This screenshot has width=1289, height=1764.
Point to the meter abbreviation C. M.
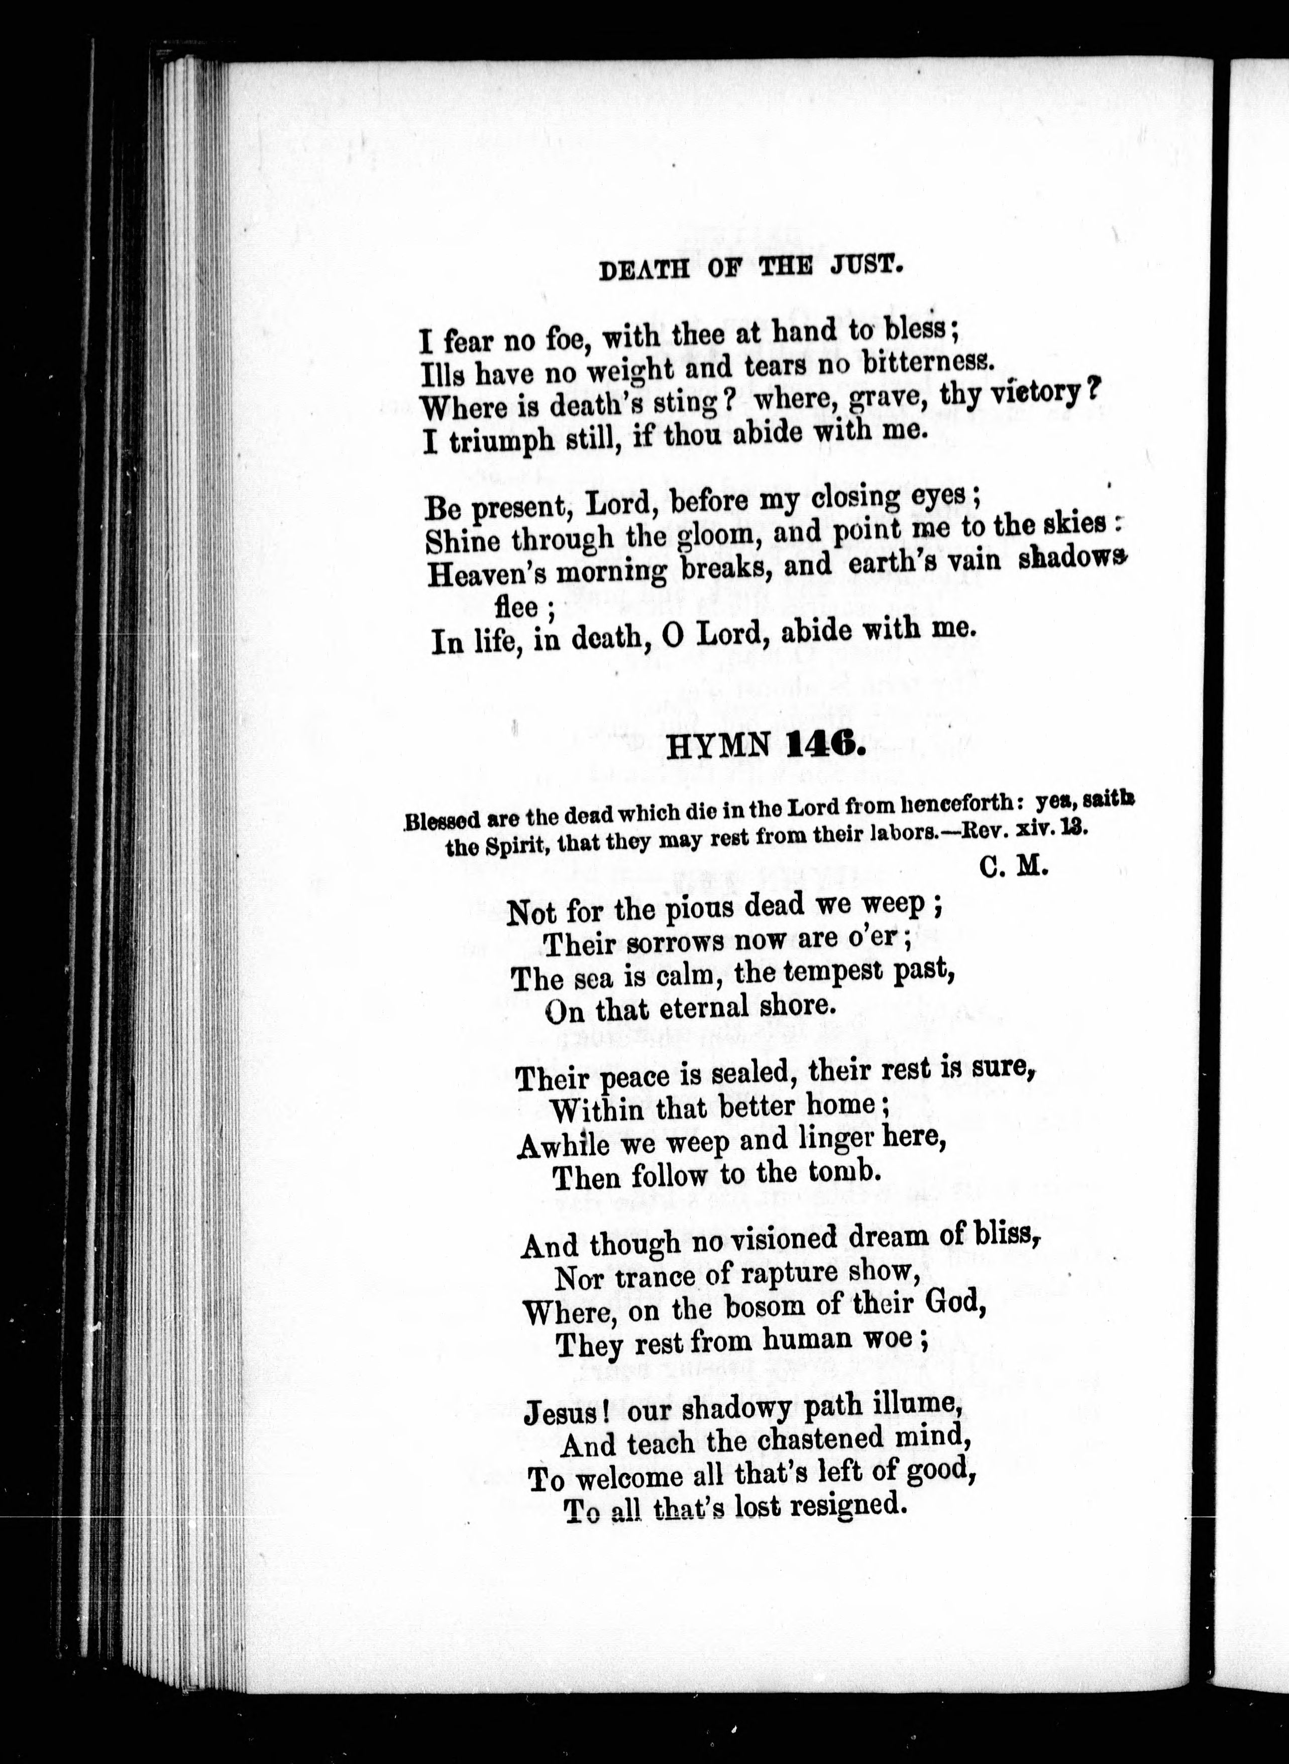(x=1013, y=867)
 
